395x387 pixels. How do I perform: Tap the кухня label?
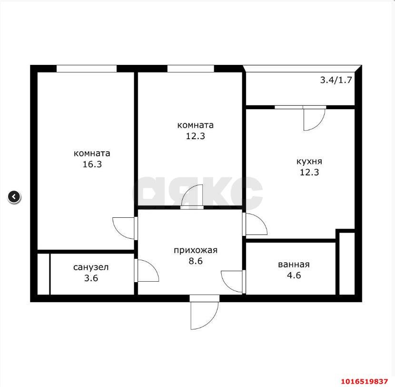(309, 161)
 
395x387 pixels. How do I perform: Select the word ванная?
(294, 265)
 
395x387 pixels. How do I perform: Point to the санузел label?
(90, 267)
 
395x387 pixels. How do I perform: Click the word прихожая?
(196, 250)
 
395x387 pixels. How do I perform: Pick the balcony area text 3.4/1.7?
(336, 80)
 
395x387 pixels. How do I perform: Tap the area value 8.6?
(196, 261)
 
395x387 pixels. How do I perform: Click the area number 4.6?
(294, 275)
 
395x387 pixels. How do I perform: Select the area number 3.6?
(90, 278)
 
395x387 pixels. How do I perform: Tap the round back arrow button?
(14, 196)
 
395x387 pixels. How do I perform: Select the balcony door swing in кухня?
(314, 119)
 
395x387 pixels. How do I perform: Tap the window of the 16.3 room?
(86, 69)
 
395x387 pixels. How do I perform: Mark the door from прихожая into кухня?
(256, 224)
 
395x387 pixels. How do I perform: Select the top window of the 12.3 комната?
(190, 69)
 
